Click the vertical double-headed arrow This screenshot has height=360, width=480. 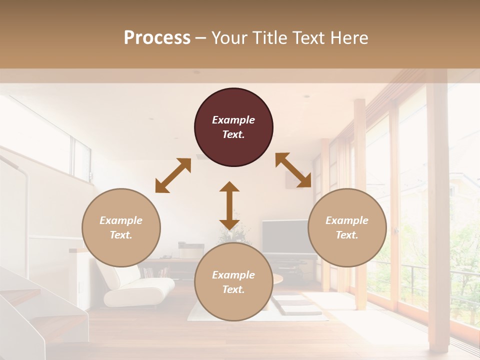229,205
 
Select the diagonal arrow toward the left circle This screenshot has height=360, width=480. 173,175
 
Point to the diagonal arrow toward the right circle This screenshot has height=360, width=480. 293,170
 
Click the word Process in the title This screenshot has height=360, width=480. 157,38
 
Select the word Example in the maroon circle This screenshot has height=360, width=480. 233,120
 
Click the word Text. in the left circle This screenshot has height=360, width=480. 121,235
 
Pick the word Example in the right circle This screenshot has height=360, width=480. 347,220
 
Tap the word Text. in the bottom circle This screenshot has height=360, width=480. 233,289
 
